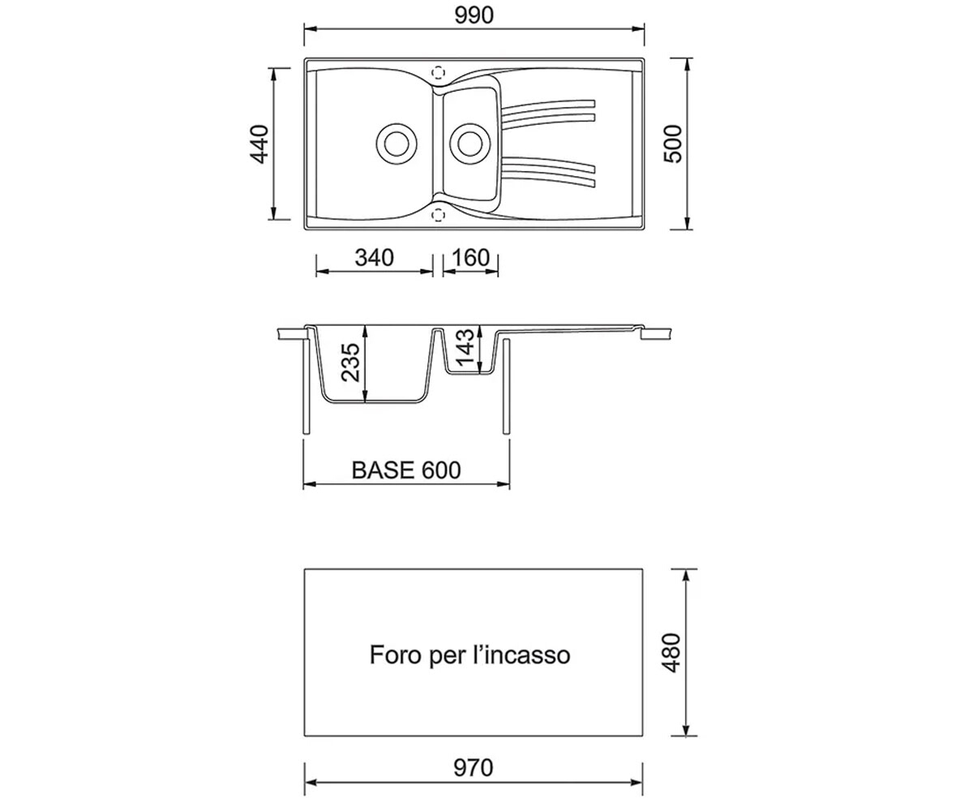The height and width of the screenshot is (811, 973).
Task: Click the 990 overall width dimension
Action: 474,15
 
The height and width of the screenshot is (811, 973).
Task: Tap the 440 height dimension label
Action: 259,144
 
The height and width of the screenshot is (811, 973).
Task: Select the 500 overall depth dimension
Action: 672,144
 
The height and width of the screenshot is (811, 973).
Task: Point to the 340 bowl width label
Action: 374,258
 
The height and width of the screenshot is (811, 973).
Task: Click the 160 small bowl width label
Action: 470,258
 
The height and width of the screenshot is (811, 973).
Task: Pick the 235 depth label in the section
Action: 350,363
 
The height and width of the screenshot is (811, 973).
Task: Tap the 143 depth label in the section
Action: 465,348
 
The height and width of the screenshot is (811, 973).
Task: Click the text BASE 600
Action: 406,470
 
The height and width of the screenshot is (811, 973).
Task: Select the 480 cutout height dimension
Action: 671,653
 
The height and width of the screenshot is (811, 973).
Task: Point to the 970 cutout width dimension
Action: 473,768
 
